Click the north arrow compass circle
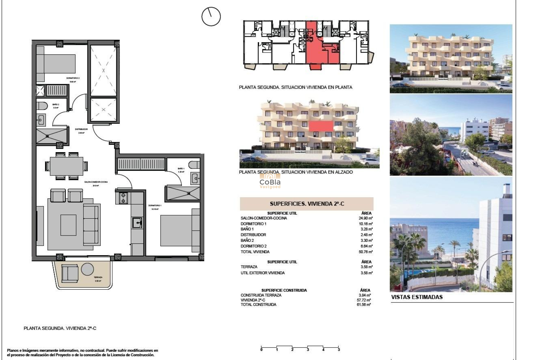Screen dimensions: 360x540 tap(211, 17)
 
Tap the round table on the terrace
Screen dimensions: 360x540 tap(87, 269)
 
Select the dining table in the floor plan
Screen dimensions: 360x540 tap(67, 166)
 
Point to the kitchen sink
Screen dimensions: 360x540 tap(137, 223)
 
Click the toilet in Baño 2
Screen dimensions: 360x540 tap(42, 106)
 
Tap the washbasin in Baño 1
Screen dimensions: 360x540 tap(195, 178)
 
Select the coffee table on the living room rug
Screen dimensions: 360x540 tap(68, 225)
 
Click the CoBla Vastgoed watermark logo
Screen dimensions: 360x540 tap(270, 181)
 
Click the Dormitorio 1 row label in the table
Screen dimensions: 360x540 tap(253, 224)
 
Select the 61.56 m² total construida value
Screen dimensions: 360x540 tap(364, 305)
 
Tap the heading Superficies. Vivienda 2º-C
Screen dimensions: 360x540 tap(307, 204)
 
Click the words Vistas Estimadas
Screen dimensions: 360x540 tap(417, 297)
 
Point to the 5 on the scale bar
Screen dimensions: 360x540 tap(339, 350)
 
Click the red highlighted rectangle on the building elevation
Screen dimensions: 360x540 tap(321, 126)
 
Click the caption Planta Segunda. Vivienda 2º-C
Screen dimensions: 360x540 tap(60, 328)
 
